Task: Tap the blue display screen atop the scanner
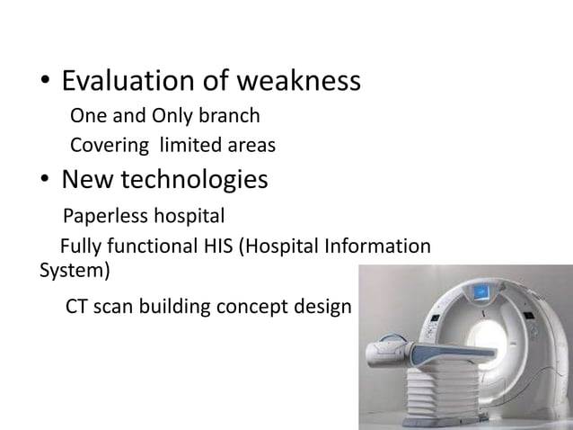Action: point(485,295)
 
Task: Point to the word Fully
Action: point(79,247)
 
